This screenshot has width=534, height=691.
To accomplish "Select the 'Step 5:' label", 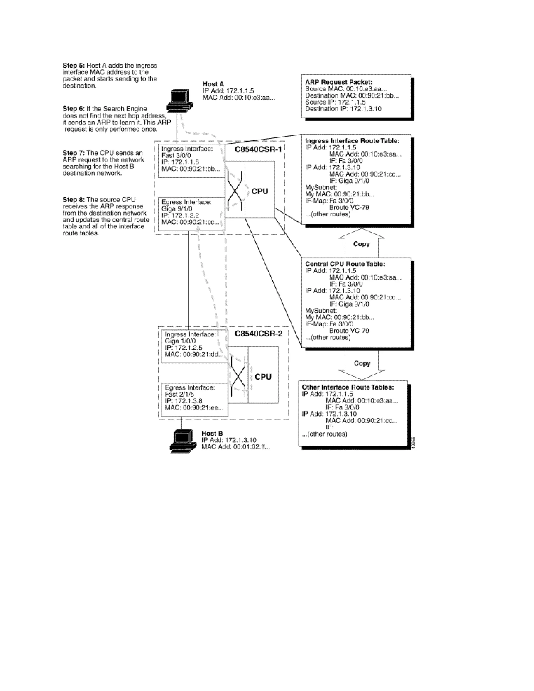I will (x=74, y=65).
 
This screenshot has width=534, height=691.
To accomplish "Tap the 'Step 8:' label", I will (x=74, y=200).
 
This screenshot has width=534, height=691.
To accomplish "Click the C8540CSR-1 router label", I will (x=258, y=149).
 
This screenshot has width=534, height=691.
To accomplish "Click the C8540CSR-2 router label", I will (x=258, y=334).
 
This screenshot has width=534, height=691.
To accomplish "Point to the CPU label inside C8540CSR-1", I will (x=260, y=191).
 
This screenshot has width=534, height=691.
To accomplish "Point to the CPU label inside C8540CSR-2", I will (x=263, y=377).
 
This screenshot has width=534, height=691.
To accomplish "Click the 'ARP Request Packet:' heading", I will (x=338, y=82).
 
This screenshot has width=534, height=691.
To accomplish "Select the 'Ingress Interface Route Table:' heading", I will (x=352, y=141).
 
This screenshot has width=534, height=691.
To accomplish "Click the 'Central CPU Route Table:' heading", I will (x=345, y=264).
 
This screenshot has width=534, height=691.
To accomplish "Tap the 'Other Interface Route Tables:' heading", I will (x=348, y=387).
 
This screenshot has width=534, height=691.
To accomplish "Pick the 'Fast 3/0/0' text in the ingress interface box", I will (x=176, y=155).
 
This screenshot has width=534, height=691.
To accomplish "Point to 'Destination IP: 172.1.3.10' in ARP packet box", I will (x=343, y=109).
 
